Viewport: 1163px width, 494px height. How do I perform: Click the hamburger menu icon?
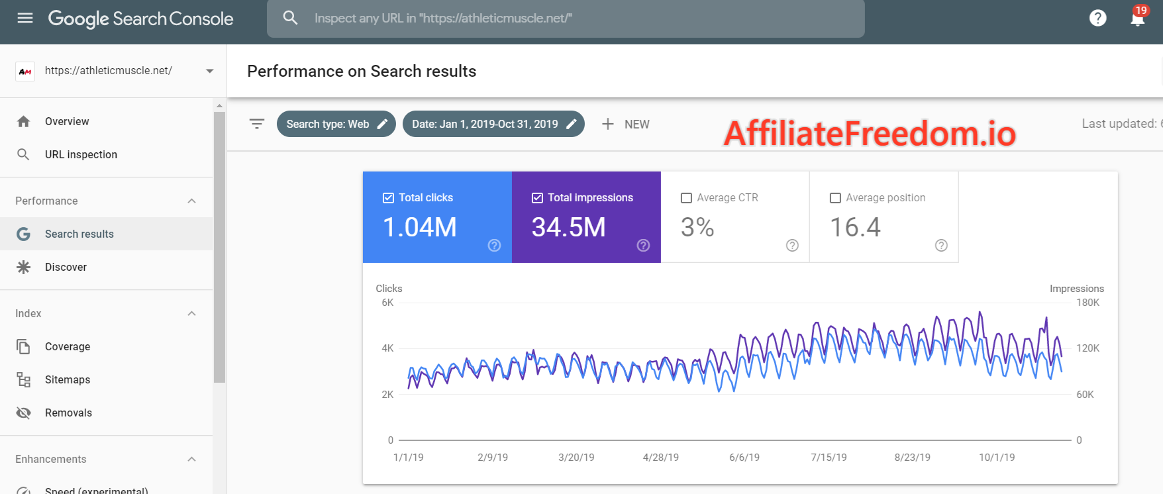point(25,18)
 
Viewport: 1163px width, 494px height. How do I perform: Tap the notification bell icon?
point(1137,18)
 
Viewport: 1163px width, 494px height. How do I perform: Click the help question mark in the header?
point(1097,18)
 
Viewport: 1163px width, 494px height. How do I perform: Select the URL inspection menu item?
point(81,154)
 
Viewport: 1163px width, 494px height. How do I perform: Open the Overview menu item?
point(67,121)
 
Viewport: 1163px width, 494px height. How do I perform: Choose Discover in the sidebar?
point(66,267)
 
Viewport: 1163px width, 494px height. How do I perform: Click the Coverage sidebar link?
point(68,346)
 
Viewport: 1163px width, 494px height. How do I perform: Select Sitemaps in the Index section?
point(68,379)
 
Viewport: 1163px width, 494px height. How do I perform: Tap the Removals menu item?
point(68,413)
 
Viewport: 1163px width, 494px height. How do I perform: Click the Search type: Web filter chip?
point(336,124)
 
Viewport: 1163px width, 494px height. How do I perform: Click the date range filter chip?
point(493,124)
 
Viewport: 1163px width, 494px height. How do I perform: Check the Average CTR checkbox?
point(686,198)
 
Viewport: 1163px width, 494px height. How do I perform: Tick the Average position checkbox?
point(835,198)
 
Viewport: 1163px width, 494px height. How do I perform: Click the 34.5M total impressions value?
point(568,228)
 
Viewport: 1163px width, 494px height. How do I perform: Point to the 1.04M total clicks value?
point(420,228)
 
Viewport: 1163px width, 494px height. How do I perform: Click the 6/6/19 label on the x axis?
point(744,458)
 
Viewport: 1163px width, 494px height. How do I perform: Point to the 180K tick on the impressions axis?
point(1087,303)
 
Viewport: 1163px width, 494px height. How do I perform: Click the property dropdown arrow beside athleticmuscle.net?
point(209,71)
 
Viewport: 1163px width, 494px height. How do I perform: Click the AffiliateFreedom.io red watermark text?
point(869,134)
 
